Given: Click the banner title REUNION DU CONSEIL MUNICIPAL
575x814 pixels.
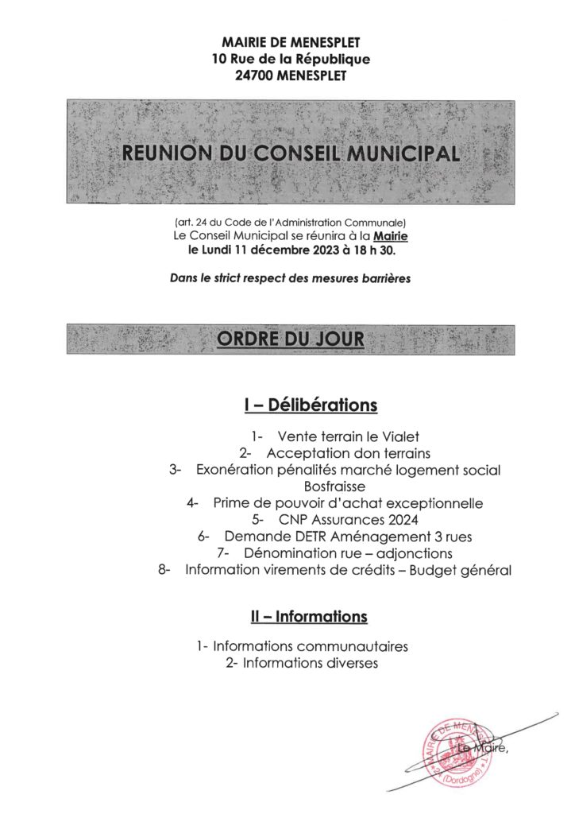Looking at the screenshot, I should pyautogui.click(x=291, y=153).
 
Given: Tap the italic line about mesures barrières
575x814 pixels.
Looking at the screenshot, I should pyautogui.click(x=290, y=279).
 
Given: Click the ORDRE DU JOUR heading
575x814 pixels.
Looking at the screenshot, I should pyautogui.click(x=291, y=339).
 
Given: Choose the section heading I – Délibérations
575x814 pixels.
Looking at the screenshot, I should pyautogui.click(x=310, y=405).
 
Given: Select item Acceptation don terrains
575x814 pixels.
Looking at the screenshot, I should pyautogui.click(x=349, y=453).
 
